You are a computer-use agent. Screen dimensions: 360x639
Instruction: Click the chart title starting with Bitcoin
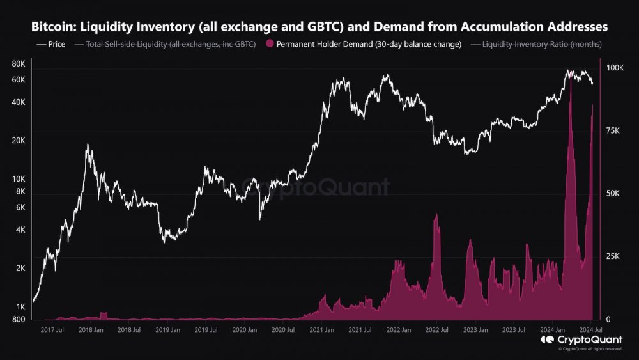click(319, 27)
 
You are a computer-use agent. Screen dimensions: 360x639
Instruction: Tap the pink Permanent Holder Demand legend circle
click(269, 44)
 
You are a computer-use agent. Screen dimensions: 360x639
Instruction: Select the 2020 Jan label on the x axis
click(244, 331)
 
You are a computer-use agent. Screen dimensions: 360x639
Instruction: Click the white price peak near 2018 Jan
click(88, 146)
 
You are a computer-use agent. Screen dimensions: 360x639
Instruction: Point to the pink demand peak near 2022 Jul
click(436, 215)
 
